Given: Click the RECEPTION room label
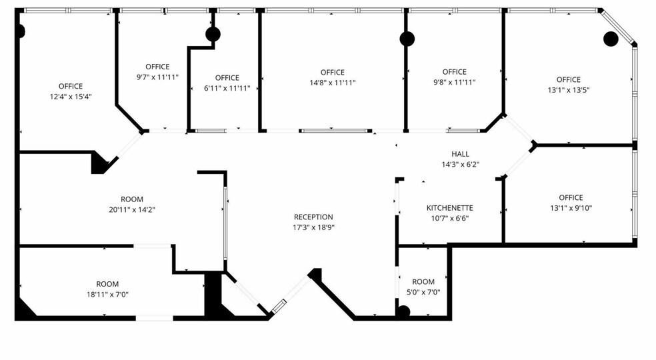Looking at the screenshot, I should click(x=313, y=217).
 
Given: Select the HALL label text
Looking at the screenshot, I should click(x=460, y=153).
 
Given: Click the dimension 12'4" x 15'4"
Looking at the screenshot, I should click(x=70, y=96).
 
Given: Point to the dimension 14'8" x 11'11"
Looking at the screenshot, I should click(x=332, y=83).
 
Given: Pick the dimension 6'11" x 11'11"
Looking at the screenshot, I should click(x=227, y=88).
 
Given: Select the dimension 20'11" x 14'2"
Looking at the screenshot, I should click(x=131, y=209).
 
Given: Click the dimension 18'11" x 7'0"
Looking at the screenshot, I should click(x=107, y=294).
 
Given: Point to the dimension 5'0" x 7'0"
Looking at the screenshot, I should click(x=423, y=292).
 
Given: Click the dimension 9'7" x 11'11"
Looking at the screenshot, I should click(x=157, y=77).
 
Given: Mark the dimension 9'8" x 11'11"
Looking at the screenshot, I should click(x=454, y=82).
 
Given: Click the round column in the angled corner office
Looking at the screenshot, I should click(x=610, y=39).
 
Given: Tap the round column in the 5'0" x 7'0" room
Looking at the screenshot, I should click(x=403, y=311).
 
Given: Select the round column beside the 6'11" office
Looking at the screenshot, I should click(x=213, y=35).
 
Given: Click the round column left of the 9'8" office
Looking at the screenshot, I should click(x=407, y=39).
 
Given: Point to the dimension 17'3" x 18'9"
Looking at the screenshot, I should click(x=313, y=227).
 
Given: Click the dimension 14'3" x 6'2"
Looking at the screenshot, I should click(x=460, y=163).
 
